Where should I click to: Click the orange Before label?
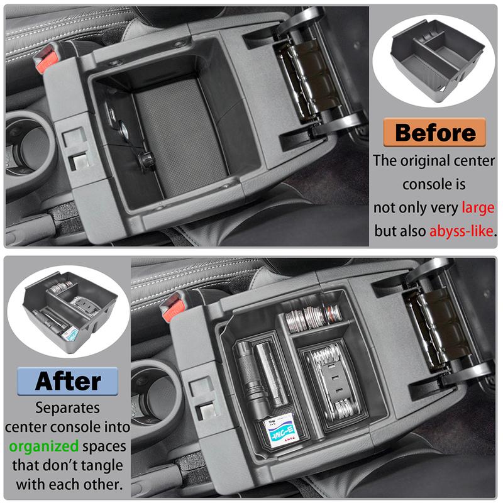click(435, 133)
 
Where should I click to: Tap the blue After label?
click(67, 380)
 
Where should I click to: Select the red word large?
click(477, 207)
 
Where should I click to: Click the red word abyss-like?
click(462, 231)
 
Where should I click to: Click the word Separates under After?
click(68, 407)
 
